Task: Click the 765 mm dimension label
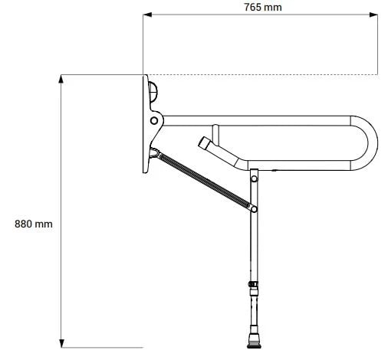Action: [263, 7]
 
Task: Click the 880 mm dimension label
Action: [34, 224]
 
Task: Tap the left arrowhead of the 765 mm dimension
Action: [147, 15]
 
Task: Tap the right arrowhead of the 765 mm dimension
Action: [373, 15]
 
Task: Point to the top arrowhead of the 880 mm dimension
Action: [61, 79]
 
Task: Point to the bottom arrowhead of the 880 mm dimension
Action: [61, 343]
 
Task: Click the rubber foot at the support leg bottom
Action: [254, 341]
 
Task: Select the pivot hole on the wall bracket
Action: [154, 120]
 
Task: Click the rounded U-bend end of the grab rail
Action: [369, 142]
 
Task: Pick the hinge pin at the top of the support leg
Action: [254, 178]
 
